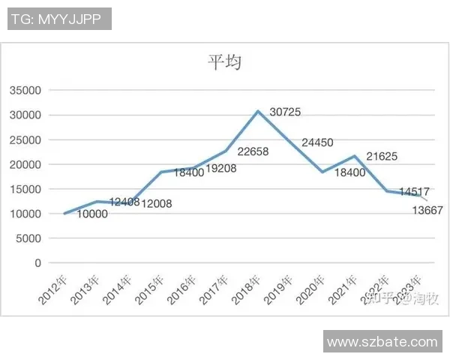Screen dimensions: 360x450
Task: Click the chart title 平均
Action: click(224, 62)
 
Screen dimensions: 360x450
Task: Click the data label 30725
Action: click(285, 112)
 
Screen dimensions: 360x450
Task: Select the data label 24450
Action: click(317, 142)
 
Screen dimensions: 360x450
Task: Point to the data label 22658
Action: click(253, 151)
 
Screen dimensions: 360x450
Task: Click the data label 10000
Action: click(92, 214)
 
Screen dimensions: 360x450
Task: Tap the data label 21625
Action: click(382, 157)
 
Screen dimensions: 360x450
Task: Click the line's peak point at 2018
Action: click(258, 111)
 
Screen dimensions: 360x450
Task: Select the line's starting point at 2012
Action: click(64, 214)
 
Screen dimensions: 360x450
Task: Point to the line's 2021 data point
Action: click(354, 156)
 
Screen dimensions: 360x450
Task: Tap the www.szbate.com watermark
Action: click(382, 341)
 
